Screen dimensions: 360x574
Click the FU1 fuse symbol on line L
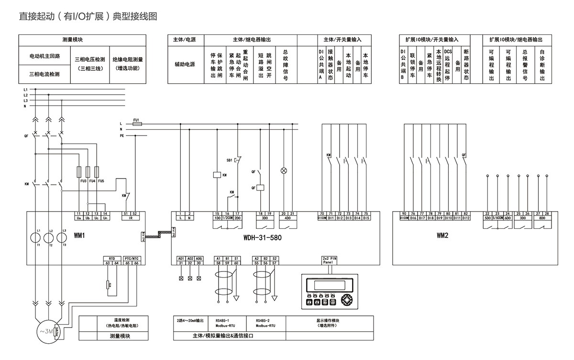pos(136,124)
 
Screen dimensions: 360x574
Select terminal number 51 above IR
pos(126,213)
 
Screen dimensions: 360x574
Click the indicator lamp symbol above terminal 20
pos(283,170)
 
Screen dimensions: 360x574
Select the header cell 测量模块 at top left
pos(82,40)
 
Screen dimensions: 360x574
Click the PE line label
pos(121,135)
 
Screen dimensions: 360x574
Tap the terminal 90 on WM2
pos(404,213)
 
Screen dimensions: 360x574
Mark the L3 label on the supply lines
pos(25,101)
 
